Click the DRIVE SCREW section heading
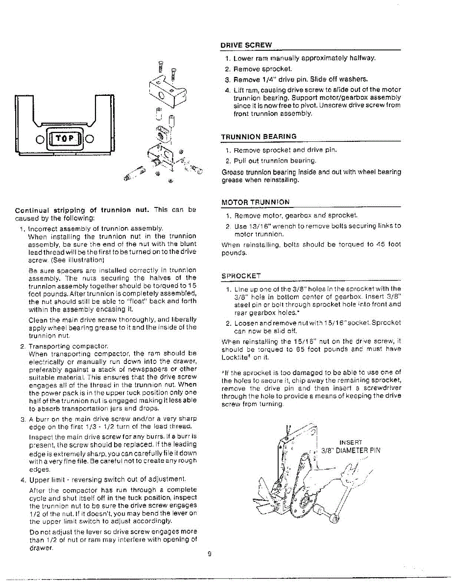pyautogui.click(x=246, y=45)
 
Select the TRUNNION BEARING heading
pyautogui.click(x=259, y=136)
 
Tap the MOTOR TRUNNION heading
pyautogui.click(x=255, y=202)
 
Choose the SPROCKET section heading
pyautogui.click(x=241, y=276)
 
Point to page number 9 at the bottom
pyautogui.click(x=209, y=554)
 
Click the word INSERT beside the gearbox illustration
pyautogui.click(x=351, y=442)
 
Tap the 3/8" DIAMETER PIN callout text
pyautogui.click(x=350, y=451)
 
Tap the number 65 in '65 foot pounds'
pyautogui.click(x=292, y=349)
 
